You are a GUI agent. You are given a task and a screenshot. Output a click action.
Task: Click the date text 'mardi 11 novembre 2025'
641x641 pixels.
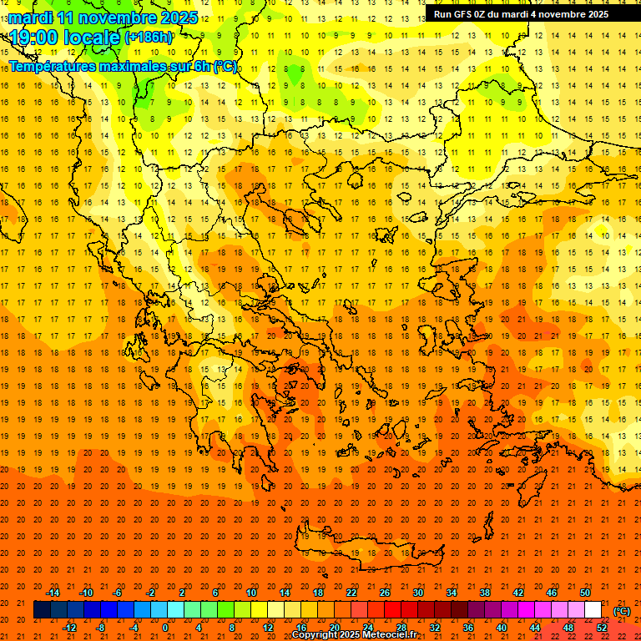pyautogui.click(x=103, y=18)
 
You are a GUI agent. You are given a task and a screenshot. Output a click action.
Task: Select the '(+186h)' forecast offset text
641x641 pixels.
pyautogui.click(x=148, y=38)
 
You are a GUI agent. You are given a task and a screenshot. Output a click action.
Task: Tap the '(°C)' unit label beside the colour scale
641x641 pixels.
pyautogui.click(x=622, y=611)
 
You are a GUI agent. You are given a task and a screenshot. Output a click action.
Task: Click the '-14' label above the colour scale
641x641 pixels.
pyautogui.click(x=53, y=593)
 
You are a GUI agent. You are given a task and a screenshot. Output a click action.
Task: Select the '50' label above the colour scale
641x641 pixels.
pyautogui.click(x=585, y=593)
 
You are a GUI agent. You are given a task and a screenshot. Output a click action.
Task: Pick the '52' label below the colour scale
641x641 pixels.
pyautogui.click(x=602, y=628)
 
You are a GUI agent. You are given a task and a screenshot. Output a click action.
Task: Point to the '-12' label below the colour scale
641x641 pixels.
pyautogui.click(x=69, y=628)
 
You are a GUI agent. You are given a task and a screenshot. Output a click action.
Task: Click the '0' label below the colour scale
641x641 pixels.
pyautogui.click(x=165, y=628)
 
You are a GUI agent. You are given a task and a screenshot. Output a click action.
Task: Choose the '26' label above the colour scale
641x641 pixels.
pyautogui.click(x=385, y=593)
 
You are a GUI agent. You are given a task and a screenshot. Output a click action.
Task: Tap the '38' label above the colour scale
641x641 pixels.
pyautogui.click(x=485, y=593)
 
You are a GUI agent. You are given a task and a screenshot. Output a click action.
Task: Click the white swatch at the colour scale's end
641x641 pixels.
pyautogui.click(x=593, y=610)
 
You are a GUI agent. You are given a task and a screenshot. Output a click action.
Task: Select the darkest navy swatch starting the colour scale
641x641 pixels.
pyautogui.click(x=42, y=610)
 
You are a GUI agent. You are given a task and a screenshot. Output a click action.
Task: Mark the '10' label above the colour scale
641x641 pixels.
pyautogui.click(x=251, y=593)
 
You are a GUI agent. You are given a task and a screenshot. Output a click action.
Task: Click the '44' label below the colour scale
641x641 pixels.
pyautogui.click(x=535, y=628)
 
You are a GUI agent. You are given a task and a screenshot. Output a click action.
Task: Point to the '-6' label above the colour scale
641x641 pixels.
pyautogui.click(x=118, y=593)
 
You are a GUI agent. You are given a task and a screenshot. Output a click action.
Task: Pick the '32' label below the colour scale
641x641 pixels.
pyautogui.click(x=435, y=628)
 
